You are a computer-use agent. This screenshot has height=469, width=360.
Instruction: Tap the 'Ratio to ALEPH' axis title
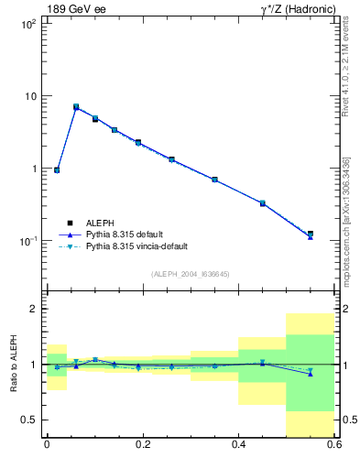pos(14,364)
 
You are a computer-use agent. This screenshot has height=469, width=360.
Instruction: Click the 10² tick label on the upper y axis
pos(29,24)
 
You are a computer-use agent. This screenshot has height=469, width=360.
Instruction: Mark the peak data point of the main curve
pos(76,107)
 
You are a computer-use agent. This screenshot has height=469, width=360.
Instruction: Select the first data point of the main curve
pos(57,170)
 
